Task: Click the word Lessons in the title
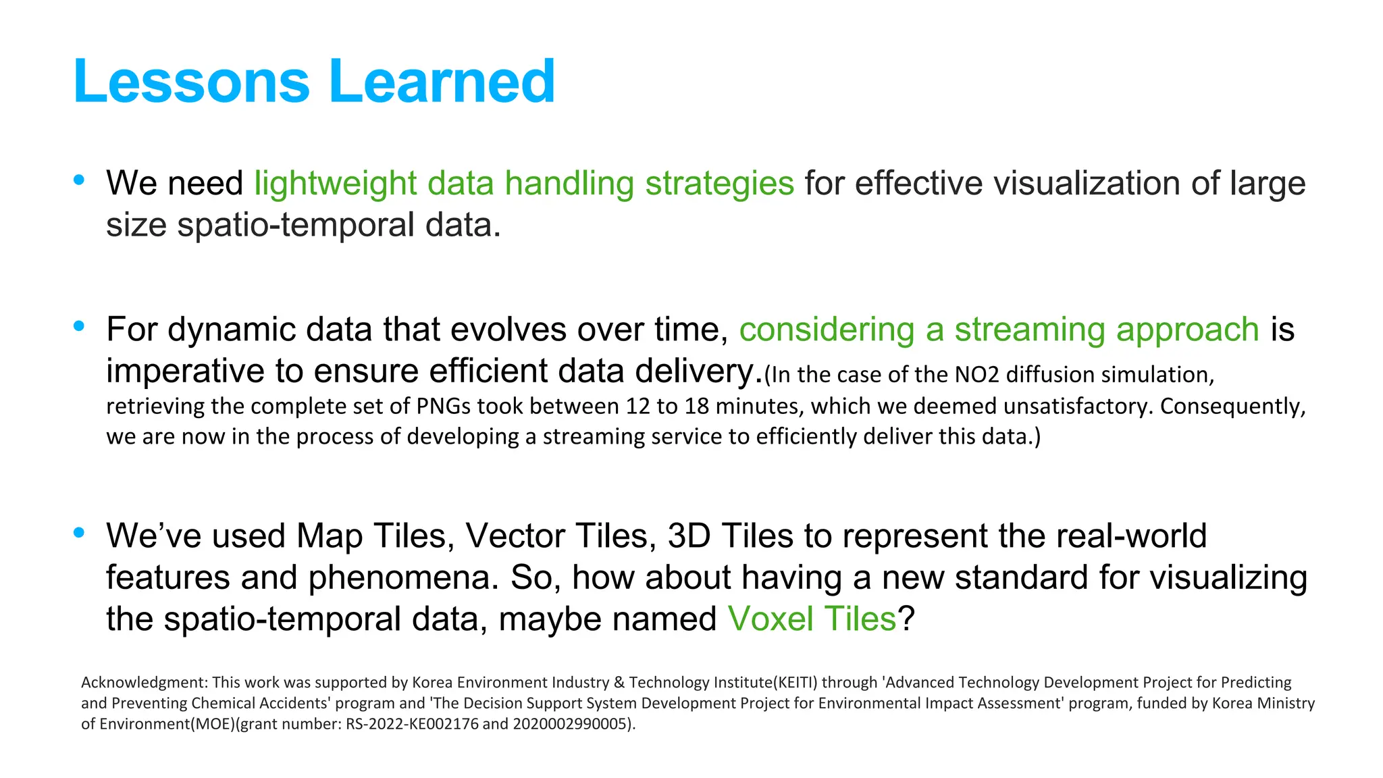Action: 191,82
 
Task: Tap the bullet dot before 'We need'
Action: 79,180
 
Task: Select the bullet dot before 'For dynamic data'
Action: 79,326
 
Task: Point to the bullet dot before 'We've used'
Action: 79,532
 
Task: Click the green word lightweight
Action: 335,184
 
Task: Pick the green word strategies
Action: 719,184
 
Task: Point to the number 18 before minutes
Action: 697,406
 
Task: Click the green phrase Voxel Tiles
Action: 811,619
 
